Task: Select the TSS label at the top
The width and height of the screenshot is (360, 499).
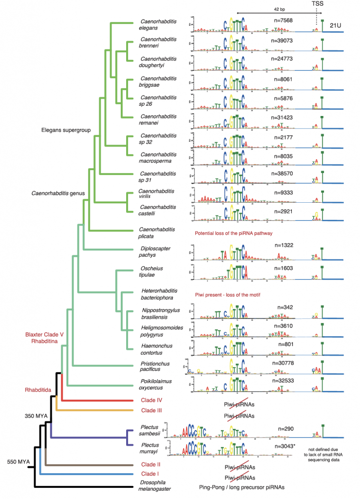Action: pos(317,4)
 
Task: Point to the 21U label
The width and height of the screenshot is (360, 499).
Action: pos(335,25)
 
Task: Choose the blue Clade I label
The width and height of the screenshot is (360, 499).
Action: pos(152,473)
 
